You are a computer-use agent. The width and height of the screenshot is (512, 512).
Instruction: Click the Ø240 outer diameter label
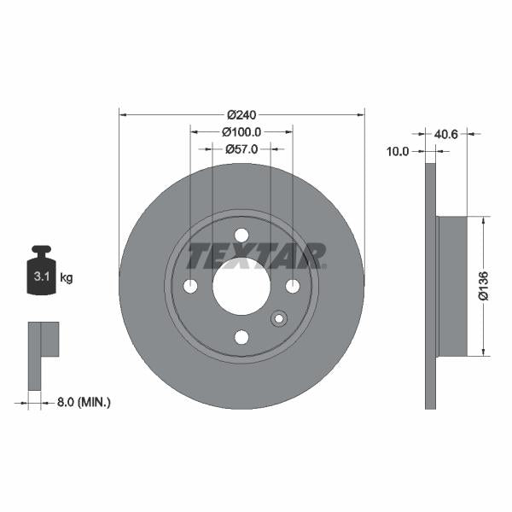coord(242,113)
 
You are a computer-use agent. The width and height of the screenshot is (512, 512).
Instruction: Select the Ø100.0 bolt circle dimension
coord(241,132)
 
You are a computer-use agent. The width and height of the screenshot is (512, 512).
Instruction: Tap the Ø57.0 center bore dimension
coord(241,149)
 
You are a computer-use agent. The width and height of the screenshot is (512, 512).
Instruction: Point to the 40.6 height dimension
coord(446,133)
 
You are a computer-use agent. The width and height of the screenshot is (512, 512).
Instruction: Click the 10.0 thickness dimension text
coord(399,151)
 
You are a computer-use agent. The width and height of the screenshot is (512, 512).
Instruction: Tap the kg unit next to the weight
coord(67,278)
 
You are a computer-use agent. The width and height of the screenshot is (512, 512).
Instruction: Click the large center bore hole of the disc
coord(241,285)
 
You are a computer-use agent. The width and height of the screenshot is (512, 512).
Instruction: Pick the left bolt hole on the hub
coord(190,285)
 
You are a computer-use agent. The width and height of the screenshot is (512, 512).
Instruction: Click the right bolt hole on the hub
coord(293,285)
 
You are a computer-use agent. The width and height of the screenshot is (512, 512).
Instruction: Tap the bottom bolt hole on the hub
coord(241,336)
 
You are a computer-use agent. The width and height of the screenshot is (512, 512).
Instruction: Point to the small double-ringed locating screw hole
coord(277,319)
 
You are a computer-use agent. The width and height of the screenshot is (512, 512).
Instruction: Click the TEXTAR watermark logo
coord(256,255)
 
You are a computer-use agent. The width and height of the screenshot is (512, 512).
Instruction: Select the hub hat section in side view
coord(452,286)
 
